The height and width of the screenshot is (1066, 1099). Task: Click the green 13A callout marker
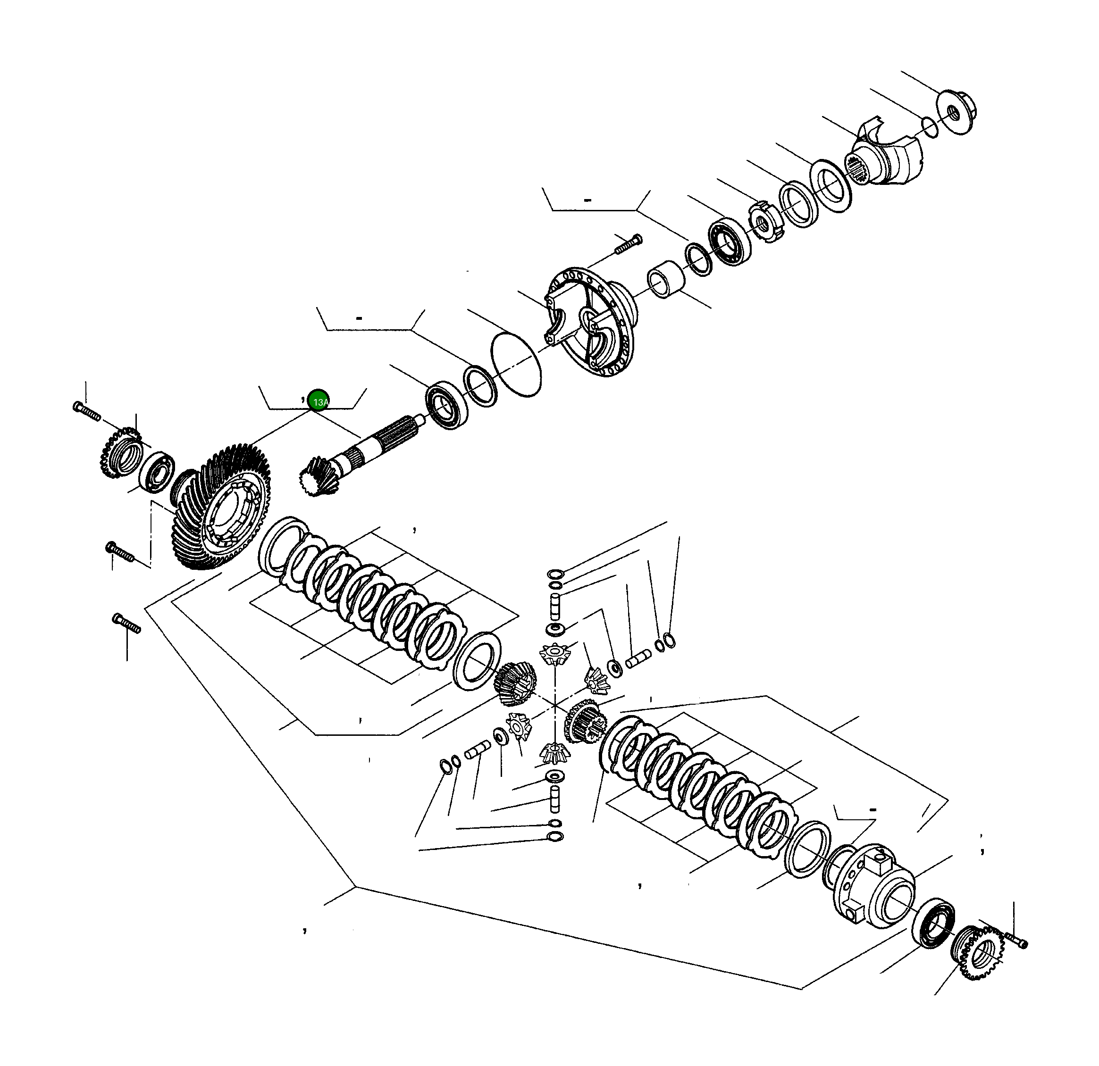click(319, 400)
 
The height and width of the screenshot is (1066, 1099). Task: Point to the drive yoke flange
click(886, 160)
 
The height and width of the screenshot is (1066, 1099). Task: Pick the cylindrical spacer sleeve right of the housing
click(667, 279)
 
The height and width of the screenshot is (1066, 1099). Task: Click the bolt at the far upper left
click(86, 411)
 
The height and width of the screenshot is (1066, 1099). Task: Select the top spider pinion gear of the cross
click(554, 655)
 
